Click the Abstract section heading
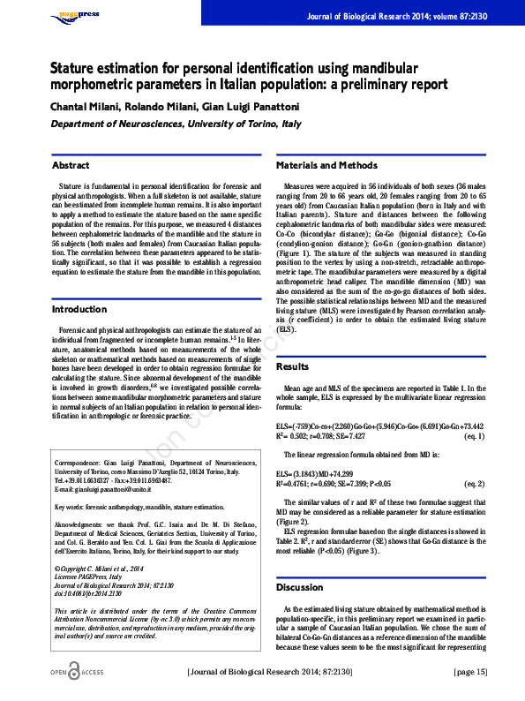pos(71,165)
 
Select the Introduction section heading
pos(79,310)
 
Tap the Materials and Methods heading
pos(326,165)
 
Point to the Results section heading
pos(293,366)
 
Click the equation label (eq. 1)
pos(473,436)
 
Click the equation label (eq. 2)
pos(473,484)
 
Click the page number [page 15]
pos(469,672)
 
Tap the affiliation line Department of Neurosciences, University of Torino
pos(175,124)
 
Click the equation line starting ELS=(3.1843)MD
pos(328,474)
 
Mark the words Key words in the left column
pos(70,507)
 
